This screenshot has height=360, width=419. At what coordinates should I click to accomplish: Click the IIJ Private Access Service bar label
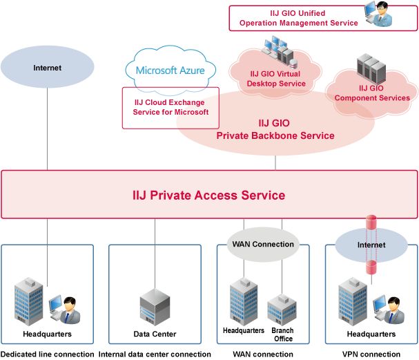pos(208,196)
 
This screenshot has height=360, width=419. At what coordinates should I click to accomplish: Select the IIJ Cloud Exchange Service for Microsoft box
pos(170,107)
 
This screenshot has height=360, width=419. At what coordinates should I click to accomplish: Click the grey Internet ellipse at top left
pos(47,68)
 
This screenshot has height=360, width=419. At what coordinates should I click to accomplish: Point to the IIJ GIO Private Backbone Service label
pos(275,130)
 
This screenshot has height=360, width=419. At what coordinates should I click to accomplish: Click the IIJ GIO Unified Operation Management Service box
pos(298,18)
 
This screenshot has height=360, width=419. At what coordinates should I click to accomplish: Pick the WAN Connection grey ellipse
pos(263,244)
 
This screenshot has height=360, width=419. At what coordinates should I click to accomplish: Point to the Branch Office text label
pos(282,334)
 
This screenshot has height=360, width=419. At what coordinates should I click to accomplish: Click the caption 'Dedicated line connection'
pos(47,354)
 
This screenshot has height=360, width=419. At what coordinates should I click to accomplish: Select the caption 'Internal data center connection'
pos(155,354)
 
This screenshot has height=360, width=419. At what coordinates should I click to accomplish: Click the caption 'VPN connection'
pos(371,354)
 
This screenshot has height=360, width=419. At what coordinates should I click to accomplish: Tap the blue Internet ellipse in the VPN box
pos(371,244)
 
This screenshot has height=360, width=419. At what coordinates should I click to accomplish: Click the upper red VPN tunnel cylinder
pos(371,222)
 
